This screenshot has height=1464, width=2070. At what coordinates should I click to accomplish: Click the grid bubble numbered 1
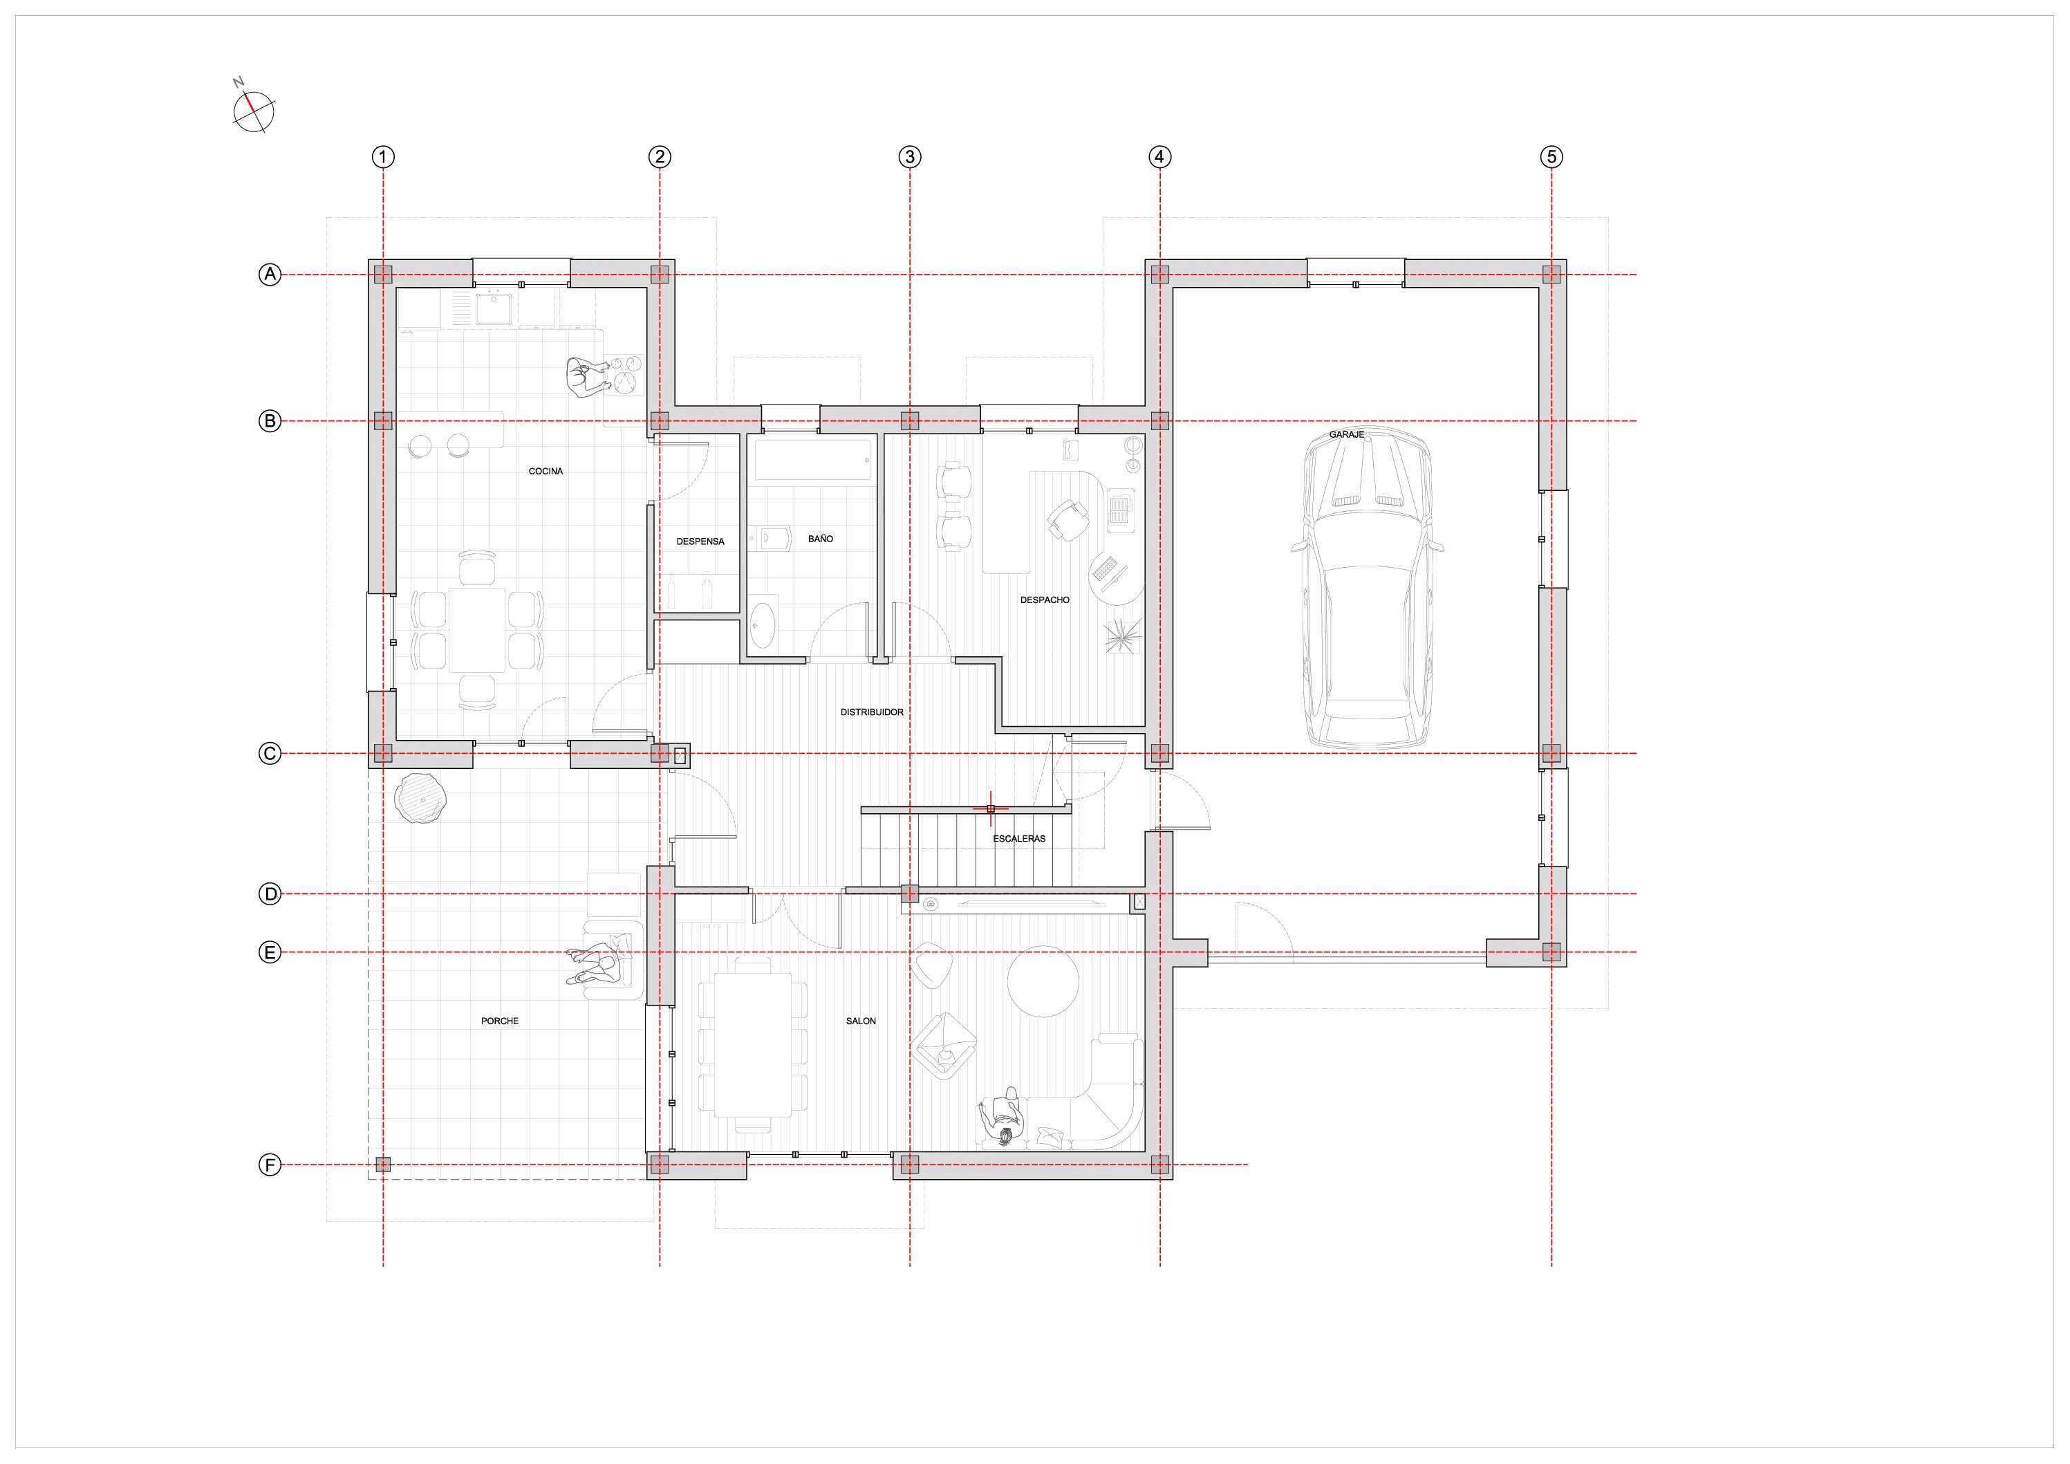pos(383,157)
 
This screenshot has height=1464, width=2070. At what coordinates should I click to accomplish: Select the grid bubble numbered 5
pos(1551,157)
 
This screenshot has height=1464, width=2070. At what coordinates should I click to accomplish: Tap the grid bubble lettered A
pos(270,275)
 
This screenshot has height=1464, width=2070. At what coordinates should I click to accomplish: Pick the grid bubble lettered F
pos(270,1165)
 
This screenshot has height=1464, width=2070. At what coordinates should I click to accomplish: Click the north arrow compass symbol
pos(253,110)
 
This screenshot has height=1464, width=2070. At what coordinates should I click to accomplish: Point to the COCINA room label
pos(546,471)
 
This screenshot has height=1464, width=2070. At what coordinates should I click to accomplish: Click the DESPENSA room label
pos(700,541)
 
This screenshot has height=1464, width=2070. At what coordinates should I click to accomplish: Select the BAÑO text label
pos(821,539)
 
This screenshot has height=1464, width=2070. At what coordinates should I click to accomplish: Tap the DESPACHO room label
pos(1045,600)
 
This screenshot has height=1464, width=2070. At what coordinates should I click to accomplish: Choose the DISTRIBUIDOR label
pos(872,712)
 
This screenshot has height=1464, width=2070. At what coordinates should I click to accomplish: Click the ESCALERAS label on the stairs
pos(1020,838)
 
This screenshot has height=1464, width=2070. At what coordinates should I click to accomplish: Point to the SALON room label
pos(861,1021)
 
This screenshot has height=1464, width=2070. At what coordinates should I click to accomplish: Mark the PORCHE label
pos(499,1021)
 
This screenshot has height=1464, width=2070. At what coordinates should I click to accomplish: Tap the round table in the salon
pos(1043,981)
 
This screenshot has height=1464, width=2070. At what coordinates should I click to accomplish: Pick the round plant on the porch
pos(421,798)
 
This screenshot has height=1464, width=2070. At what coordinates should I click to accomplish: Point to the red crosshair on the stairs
pos(991,809)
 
